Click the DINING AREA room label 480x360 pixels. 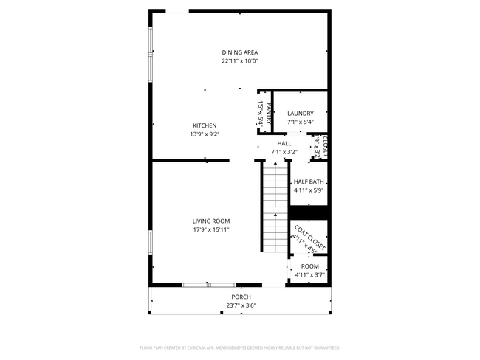point(240,52)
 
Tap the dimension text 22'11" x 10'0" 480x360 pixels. point(240,61)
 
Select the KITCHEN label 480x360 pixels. point(205,125)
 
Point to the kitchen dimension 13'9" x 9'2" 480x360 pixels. point(205,134)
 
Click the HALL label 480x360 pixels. point(284,143)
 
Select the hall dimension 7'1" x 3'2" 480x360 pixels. point(284,152)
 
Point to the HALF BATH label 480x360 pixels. point(309,181)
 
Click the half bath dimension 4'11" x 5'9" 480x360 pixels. point(309,190)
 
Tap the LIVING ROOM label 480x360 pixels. point(211,221)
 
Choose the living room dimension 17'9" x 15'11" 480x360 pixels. point(211,229)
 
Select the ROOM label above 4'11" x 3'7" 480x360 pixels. point(309,266)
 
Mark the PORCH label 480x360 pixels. point(241,297)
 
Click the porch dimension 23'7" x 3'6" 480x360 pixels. point(241,305)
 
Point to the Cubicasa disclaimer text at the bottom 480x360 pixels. point(240,347)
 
